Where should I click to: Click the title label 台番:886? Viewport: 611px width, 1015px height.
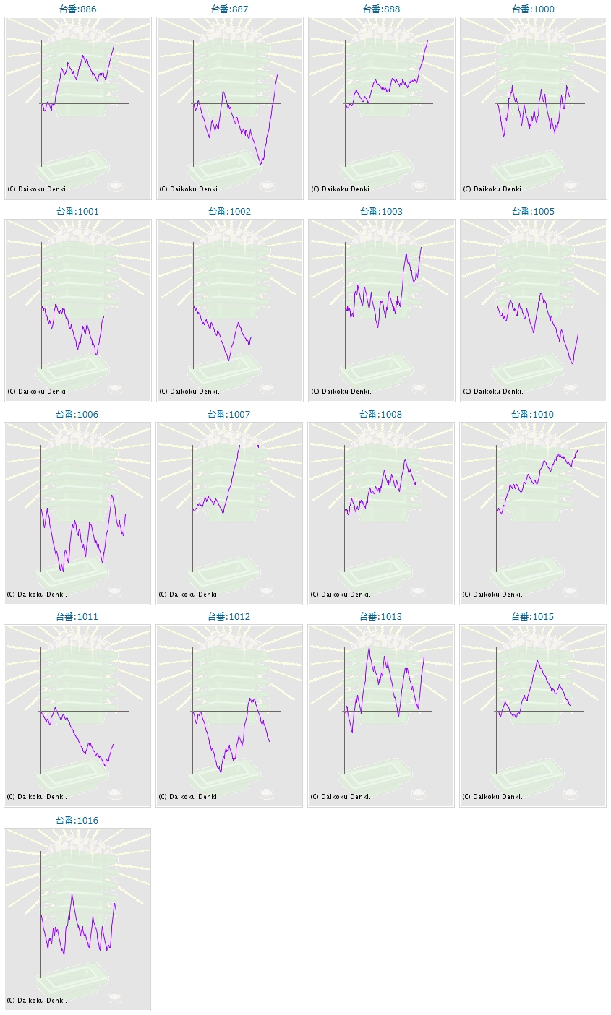point(77,9)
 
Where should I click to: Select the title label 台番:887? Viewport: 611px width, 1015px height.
point(229,9)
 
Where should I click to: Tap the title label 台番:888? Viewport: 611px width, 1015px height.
point(381,9)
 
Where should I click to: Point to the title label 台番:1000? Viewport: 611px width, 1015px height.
point(533,9)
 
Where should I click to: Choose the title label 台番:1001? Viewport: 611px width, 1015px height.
point(77,212)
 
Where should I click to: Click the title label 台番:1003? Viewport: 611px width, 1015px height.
point(381,212)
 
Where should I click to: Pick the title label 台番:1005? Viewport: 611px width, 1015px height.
point(533,212)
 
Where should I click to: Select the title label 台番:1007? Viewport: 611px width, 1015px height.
point(228,415)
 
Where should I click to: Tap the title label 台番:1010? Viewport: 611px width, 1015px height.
point(532,415)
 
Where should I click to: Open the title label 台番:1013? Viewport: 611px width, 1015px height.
point(380,617)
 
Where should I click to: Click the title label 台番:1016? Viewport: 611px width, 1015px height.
point(77,821)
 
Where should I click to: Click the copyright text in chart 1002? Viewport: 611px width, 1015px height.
point(189,392)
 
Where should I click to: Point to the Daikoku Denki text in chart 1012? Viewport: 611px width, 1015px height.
point(189,797)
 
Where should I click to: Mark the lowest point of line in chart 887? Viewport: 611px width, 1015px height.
point(260,164)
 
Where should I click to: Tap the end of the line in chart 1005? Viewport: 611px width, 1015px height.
point(578,334)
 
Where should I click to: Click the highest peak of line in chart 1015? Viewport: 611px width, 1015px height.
point(537,660)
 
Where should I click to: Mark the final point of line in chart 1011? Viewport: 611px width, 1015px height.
point(113,744)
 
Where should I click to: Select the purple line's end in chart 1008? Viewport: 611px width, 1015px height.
point(416,484)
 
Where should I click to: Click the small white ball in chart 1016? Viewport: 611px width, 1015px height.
point(115,997)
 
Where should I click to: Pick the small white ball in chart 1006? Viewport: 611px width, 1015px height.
point(115,591)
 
